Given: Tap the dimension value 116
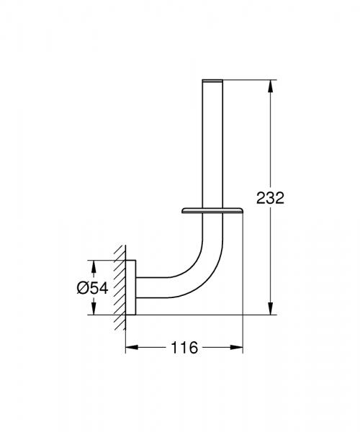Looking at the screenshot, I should [x=185, y=347].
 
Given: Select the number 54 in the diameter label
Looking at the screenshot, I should [x=98, y=287].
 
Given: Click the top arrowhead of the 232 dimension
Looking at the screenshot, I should [x=271, y=84].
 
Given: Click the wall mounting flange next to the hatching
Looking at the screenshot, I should [x=131, y=287].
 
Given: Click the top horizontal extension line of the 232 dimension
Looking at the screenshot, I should [x=245, y=77].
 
